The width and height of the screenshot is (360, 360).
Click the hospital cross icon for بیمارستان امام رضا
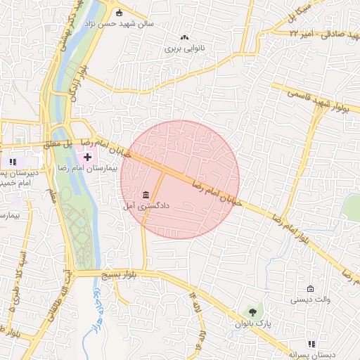tap(98, 155)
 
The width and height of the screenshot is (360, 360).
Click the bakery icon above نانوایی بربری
tap(185, 37)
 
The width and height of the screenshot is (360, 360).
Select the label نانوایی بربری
tap(184, 49)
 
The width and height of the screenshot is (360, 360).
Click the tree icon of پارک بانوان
tap(250, 311)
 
